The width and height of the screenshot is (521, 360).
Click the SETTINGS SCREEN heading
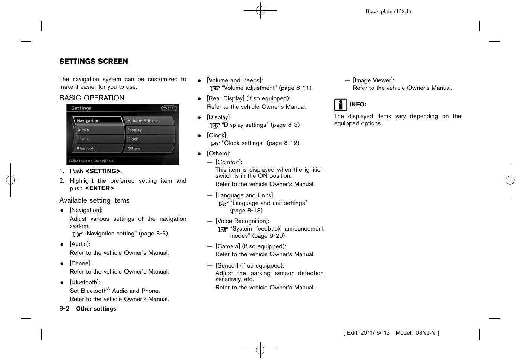[x=94, y=62]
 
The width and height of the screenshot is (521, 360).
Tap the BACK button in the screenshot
[x=169, y=108]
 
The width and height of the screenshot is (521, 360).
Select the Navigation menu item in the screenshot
[x=97, y=121]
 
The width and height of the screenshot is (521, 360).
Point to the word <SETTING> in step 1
[x=103, y=171]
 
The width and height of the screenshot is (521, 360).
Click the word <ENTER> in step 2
[x=100, y=188]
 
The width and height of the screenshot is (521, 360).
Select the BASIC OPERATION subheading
[x=92, y=98]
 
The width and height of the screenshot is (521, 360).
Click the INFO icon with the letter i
[x=340, y=105]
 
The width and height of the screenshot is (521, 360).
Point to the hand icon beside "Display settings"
[x=215, y=126]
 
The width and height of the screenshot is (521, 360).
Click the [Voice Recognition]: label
[x=242, y=221]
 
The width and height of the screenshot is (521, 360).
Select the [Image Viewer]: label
[x=373, y=80]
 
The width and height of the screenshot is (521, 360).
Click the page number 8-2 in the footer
[x=64, y=309]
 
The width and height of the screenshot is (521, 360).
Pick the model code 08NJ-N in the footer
[x=426, y=333]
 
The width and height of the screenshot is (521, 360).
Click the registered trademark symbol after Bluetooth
[x=108, y=289]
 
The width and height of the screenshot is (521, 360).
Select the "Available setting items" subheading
[x=94, y=200]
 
